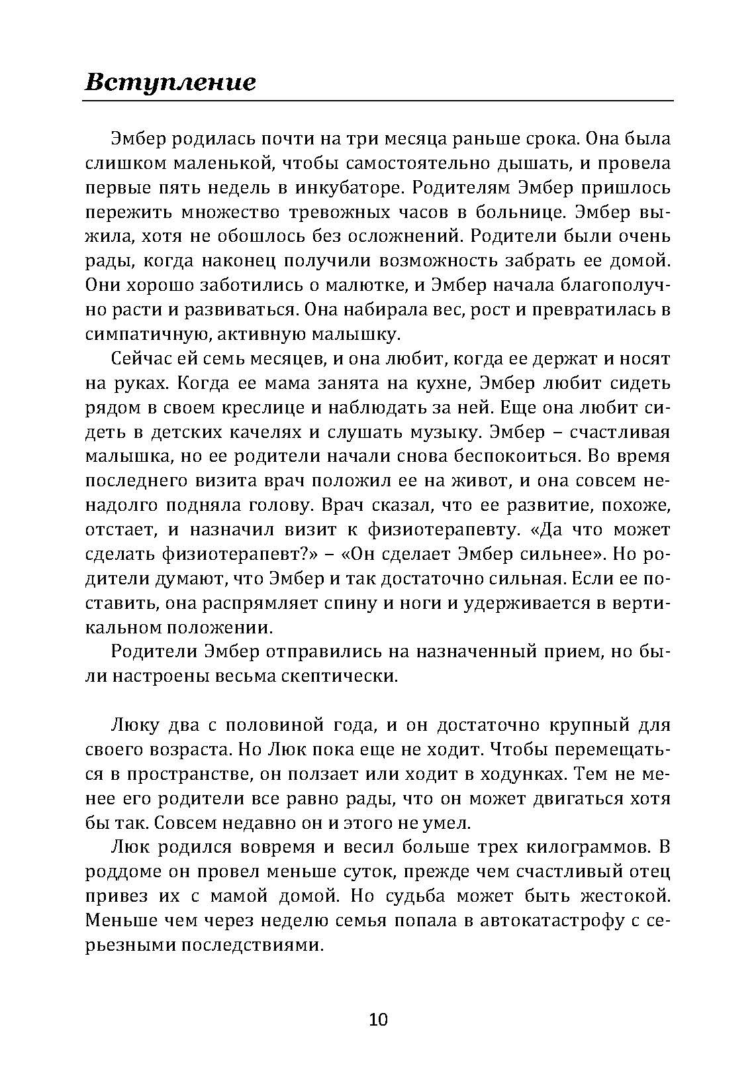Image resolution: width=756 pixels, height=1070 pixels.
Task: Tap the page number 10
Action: pyautogui.click(x=378, y=1019)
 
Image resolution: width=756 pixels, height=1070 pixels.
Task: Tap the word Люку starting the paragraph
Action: pyautogui.click(x=135, y=725)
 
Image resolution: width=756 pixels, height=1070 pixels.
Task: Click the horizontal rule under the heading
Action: pyautogui.click(x=378, y=101)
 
